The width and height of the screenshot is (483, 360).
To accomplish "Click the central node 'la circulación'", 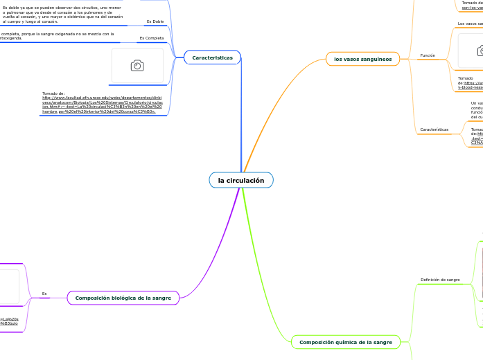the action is (x=241, y=181).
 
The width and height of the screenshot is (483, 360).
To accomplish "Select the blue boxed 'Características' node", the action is (x=212, y=58).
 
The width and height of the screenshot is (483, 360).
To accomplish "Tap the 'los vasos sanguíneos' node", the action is (x=362, y=60).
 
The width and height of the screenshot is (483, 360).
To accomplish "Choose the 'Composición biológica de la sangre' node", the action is (x=123, y=298).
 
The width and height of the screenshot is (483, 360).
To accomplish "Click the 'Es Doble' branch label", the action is (x=155, y=21).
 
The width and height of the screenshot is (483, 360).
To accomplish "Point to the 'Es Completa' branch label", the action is (x=151, y=38).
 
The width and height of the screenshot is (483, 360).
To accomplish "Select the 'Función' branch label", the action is (x=428, y=55).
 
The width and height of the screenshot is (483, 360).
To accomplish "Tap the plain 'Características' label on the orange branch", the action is (x=434, y=129).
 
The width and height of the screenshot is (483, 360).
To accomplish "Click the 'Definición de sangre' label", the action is (x=440, y=280).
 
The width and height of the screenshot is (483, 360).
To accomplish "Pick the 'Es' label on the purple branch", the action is (x=44, y=294).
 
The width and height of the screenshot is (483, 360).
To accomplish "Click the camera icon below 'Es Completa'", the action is (x=137, y=65).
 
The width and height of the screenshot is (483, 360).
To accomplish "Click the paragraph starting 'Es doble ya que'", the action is (x=62, y=15).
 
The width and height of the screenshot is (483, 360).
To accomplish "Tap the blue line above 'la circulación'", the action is (x=242, y=118).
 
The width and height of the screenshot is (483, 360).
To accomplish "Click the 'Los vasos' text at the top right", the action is (x=470, y=24).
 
